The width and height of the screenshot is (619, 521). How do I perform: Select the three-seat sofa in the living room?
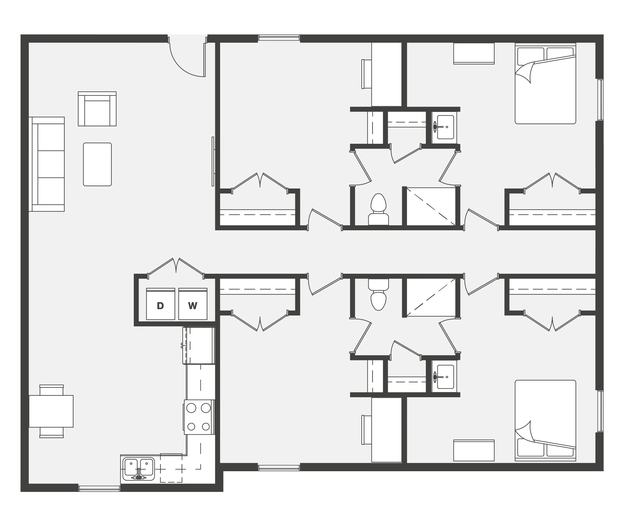click(47, 164)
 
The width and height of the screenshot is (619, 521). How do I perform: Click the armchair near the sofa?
click(97, 109)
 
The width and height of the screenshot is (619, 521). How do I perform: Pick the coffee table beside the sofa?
click(97, 164)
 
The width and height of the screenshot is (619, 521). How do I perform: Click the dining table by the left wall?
click(51, 411)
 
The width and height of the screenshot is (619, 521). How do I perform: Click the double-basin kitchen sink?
click(139, 469)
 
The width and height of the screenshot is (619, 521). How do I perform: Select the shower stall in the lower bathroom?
click(431, 297)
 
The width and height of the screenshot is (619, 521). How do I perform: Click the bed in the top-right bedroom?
click(545, 83)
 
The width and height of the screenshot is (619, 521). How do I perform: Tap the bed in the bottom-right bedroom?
click(545, 420)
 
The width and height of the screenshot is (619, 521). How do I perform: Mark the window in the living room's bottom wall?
click(99, 489)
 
